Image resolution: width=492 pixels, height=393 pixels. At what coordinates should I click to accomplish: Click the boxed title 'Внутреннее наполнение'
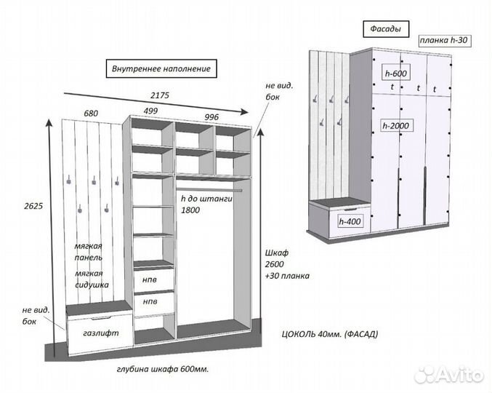point(161,69)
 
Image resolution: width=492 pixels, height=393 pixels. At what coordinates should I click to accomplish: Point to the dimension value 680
point(91,114)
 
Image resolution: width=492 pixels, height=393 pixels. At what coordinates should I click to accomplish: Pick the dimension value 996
point(211,116)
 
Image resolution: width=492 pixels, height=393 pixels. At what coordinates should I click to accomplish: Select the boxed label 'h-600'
point(396,74)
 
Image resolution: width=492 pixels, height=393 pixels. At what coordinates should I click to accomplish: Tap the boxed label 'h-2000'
point(397,125)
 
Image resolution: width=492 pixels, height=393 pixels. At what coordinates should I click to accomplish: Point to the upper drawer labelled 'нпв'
point(149,279)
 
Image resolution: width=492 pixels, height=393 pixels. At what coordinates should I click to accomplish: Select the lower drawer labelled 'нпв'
point(150,301)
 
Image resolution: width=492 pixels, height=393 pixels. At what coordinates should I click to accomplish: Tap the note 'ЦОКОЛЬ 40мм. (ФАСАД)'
point(329,334)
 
